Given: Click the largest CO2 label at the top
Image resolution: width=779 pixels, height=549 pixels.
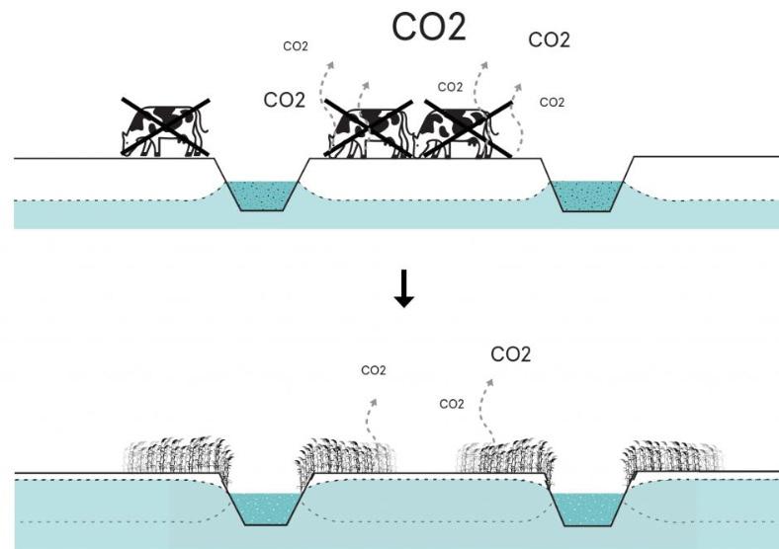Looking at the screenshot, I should pos(428,28).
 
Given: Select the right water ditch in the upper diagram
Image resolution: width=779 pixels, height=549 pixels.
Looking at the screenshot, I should pos(587,195).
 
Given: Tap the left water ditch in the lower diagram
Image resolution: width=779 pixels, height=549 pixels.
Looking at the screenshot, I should pos(270,509).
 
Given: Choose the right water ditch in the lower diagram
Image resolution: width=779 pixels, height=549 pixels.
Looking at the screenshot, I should pos(587,509).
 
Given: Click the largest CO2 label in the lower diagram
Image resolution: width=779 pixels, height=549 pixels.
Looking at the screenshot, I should pos(511,353).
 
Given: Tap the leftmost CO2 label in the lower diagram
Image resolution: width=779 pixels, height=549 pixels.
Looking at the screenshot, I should pos(373,371).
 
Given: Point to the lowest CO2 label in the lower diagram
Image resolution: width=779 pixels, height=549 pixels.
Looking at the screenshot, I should pos(452,404).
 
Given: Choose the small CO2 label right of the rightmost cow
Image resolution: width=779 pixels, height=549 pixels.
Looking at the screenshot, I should pos(552,102).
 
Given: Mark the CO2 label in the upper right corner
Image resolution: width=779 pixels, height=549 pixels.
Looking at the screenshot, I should pos(549,39).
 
